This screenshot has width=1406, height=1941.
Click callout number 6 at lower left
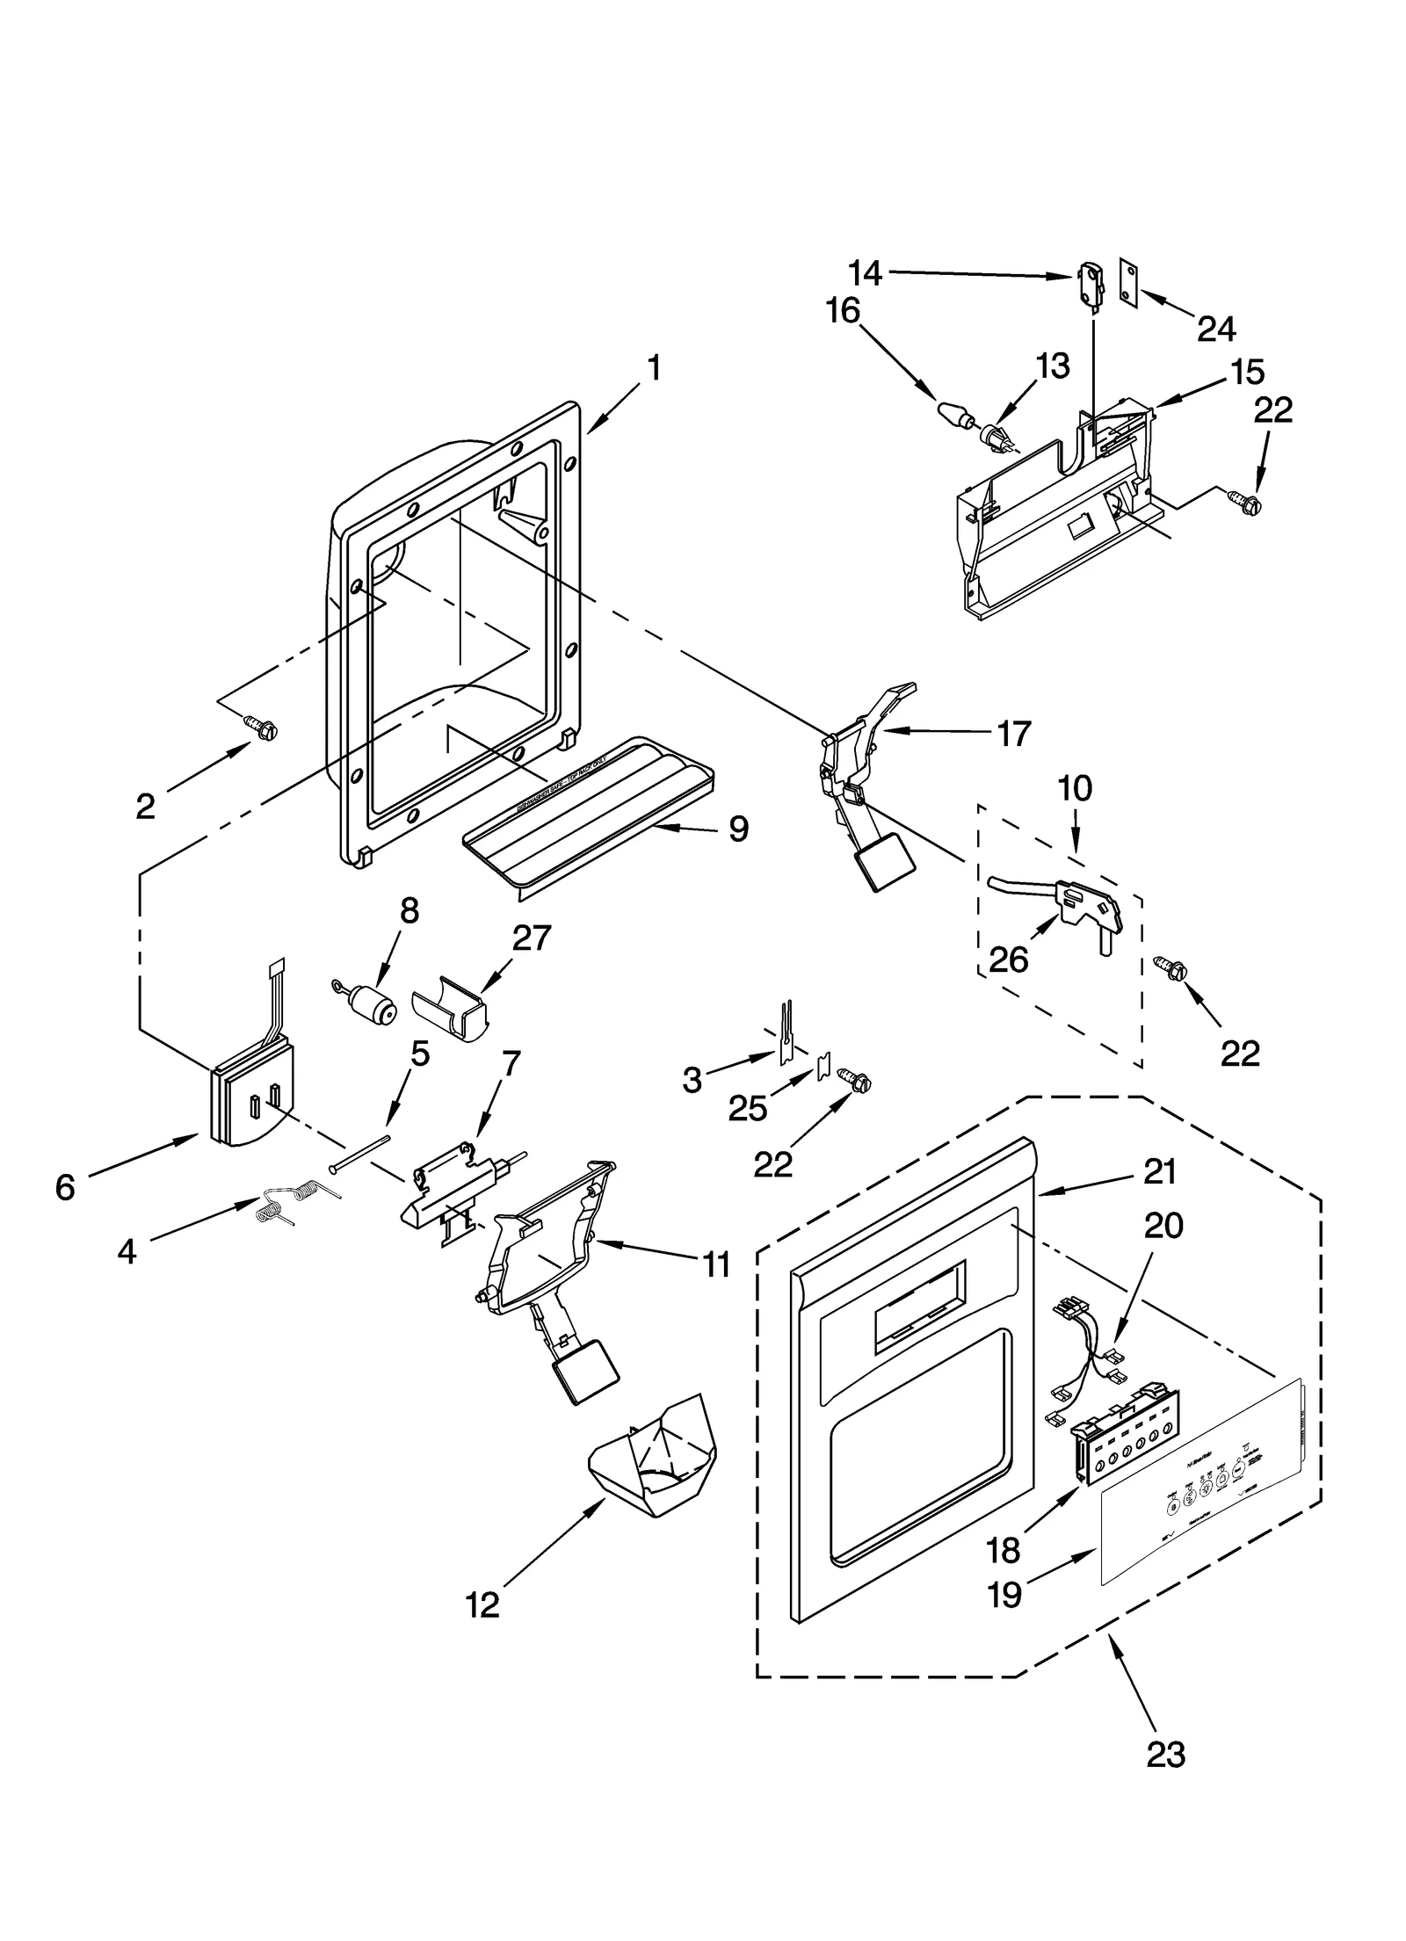pos(65,1187)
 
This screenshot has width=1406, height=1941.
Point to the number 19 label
pos(1004,1618)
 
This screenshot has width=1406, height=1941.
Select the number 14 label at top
pos(865,273)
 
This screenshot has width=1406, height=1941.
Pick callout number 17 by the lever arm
pos(1014,733)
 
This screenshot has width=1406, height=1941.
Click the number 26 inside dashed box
pos(1008,960)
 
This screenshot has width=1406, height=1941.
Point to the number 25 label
pos(748,1109)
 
